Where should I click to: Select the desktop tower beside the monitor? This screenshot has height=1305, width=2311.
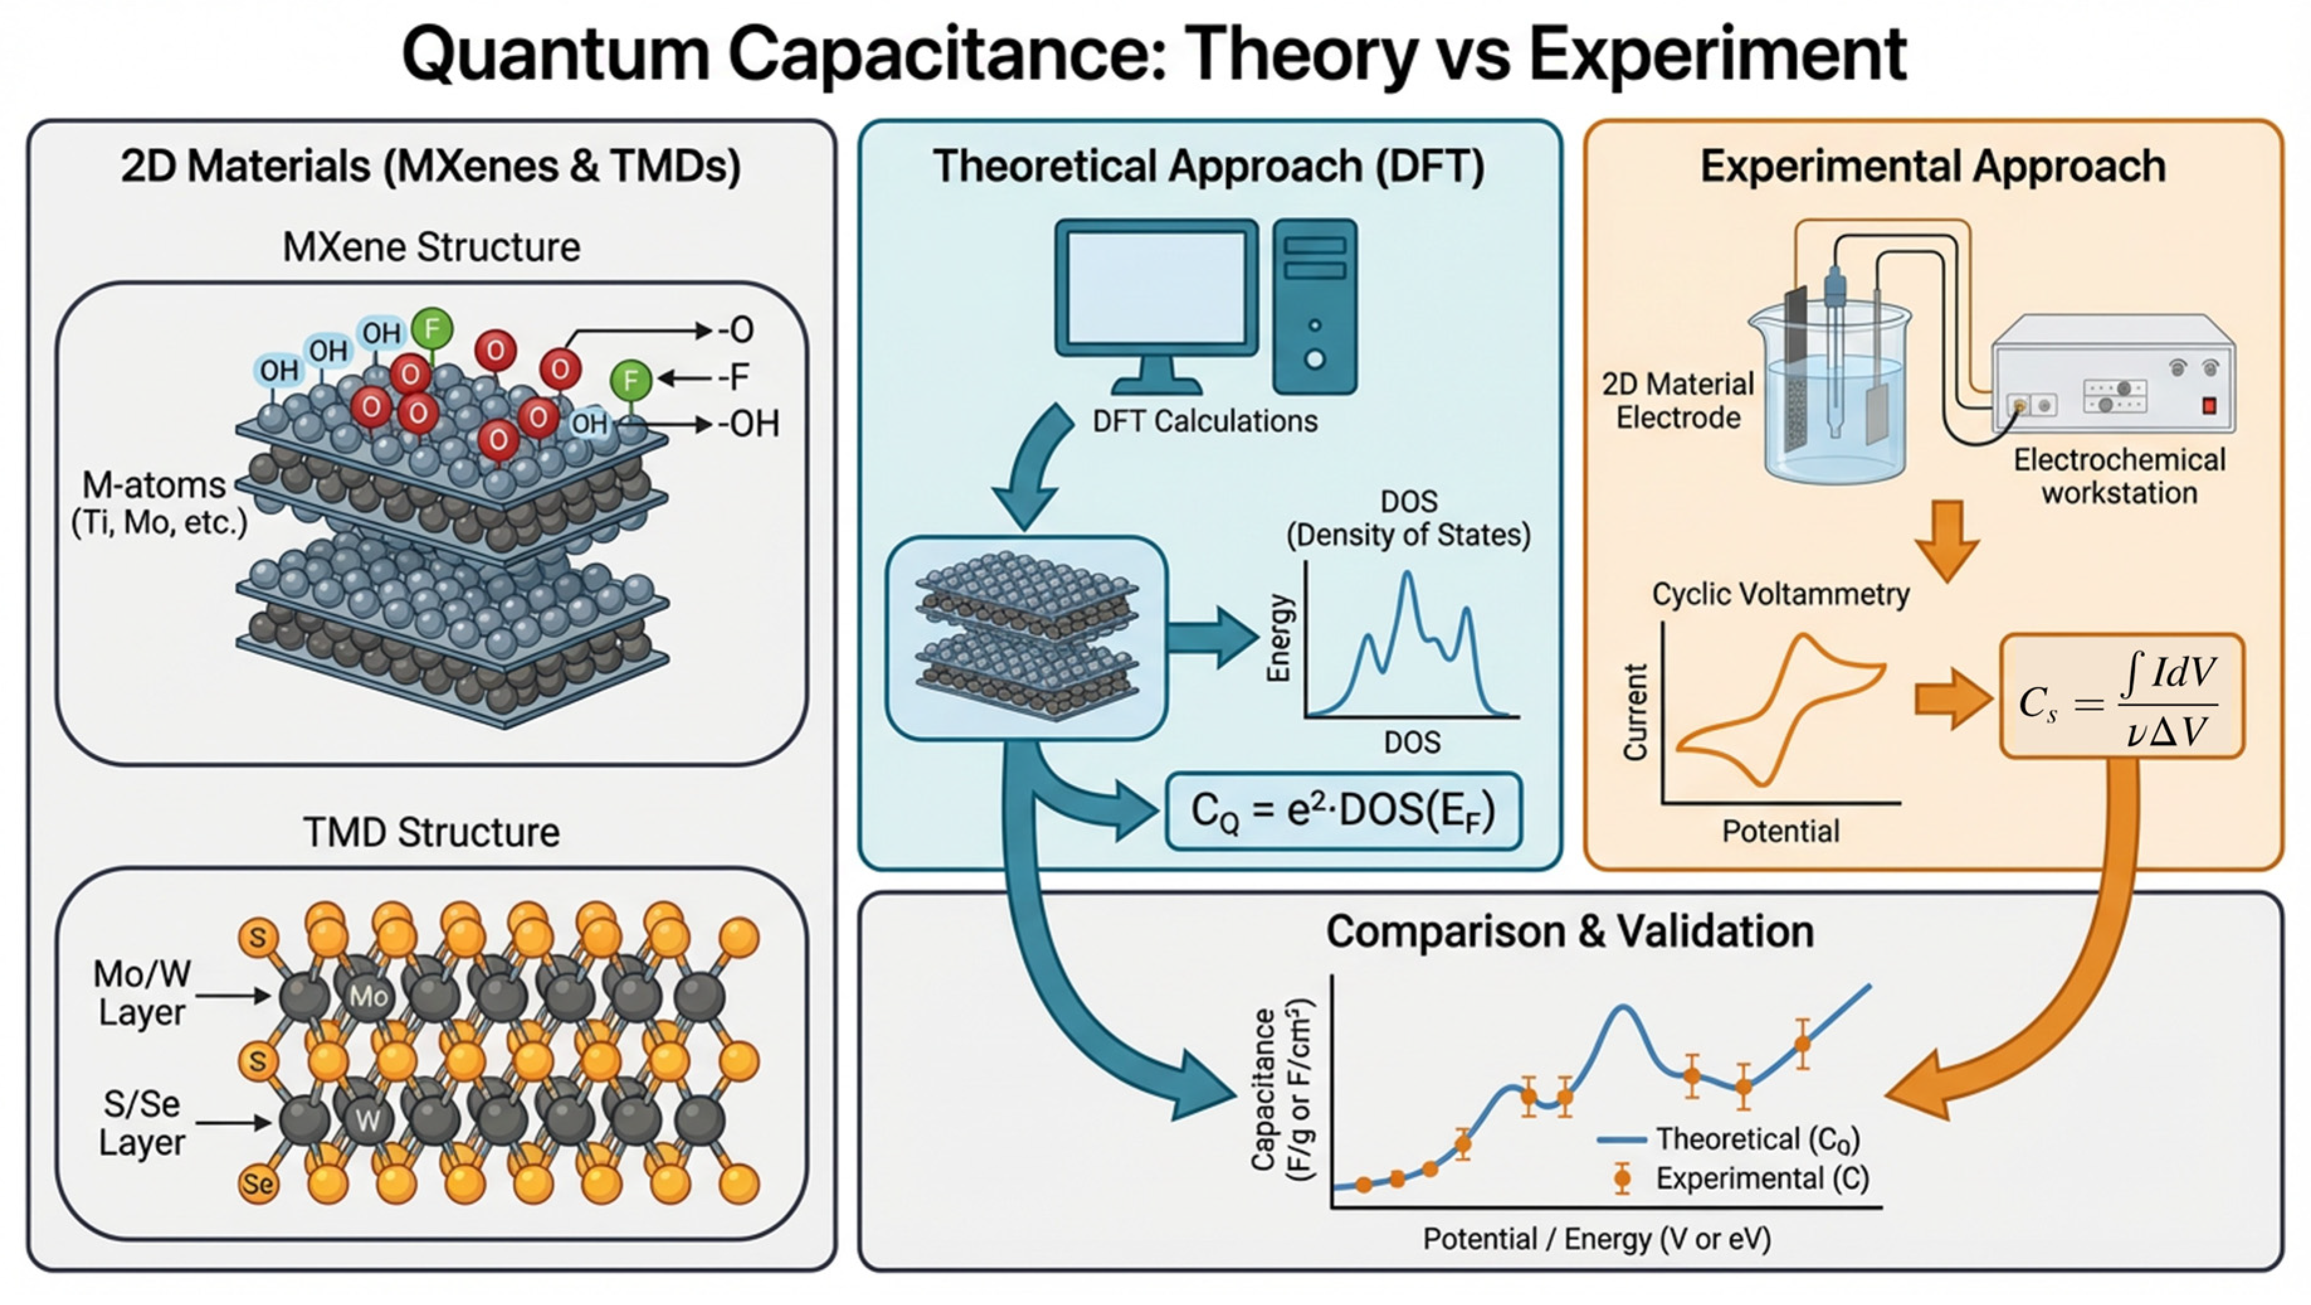click(1314, 305)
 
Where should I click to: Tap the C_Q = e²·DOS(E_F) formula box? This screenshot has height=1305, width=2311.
click(1343, 811)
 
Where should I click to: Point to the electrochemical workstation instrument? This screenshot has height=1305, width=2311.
click(2113, 377)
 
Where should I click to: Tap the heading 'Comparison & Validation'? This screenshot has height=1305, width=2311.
click(1570, 932)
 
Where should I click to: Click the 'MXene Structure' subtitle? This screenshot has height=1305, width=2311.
click(431, 247)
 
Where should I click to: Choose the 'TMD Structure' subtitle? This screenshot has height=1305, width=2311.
click(431, 832)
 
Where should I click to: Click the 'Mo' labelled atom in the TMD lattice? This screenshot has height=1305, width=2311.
click(368, 996)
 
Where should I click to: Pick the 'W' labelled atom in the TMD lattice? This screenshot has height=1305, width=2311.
click(368, 1120)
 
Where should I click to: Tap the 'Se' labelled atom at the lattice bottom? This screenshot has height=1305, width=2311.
click(258, 1184)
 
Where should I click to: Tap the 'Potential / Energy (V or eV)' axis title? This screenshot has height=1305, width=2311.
click(1597, 1240)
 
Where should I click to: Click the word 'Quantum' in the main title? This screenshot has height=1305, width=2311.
click(557, 55)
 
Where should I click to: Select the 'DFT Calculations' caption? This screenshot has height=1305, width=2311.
click(1205, 421)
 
